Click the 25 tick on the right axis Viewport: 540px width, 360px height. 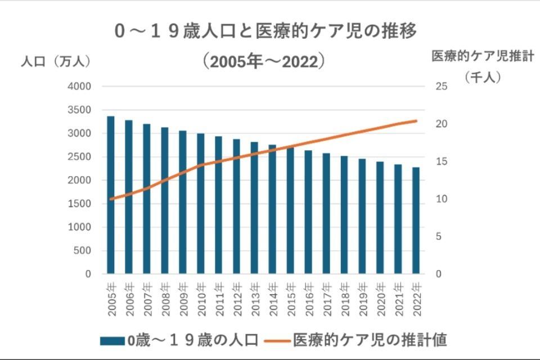441,87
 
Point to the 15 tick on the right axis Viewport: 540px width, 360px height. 441,161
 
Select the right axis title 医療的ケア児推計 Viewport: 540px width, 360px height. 483,56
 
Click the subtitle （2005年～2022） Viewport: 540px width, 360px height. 265,61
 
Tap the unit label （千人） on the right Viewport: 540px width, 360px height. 483,78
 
